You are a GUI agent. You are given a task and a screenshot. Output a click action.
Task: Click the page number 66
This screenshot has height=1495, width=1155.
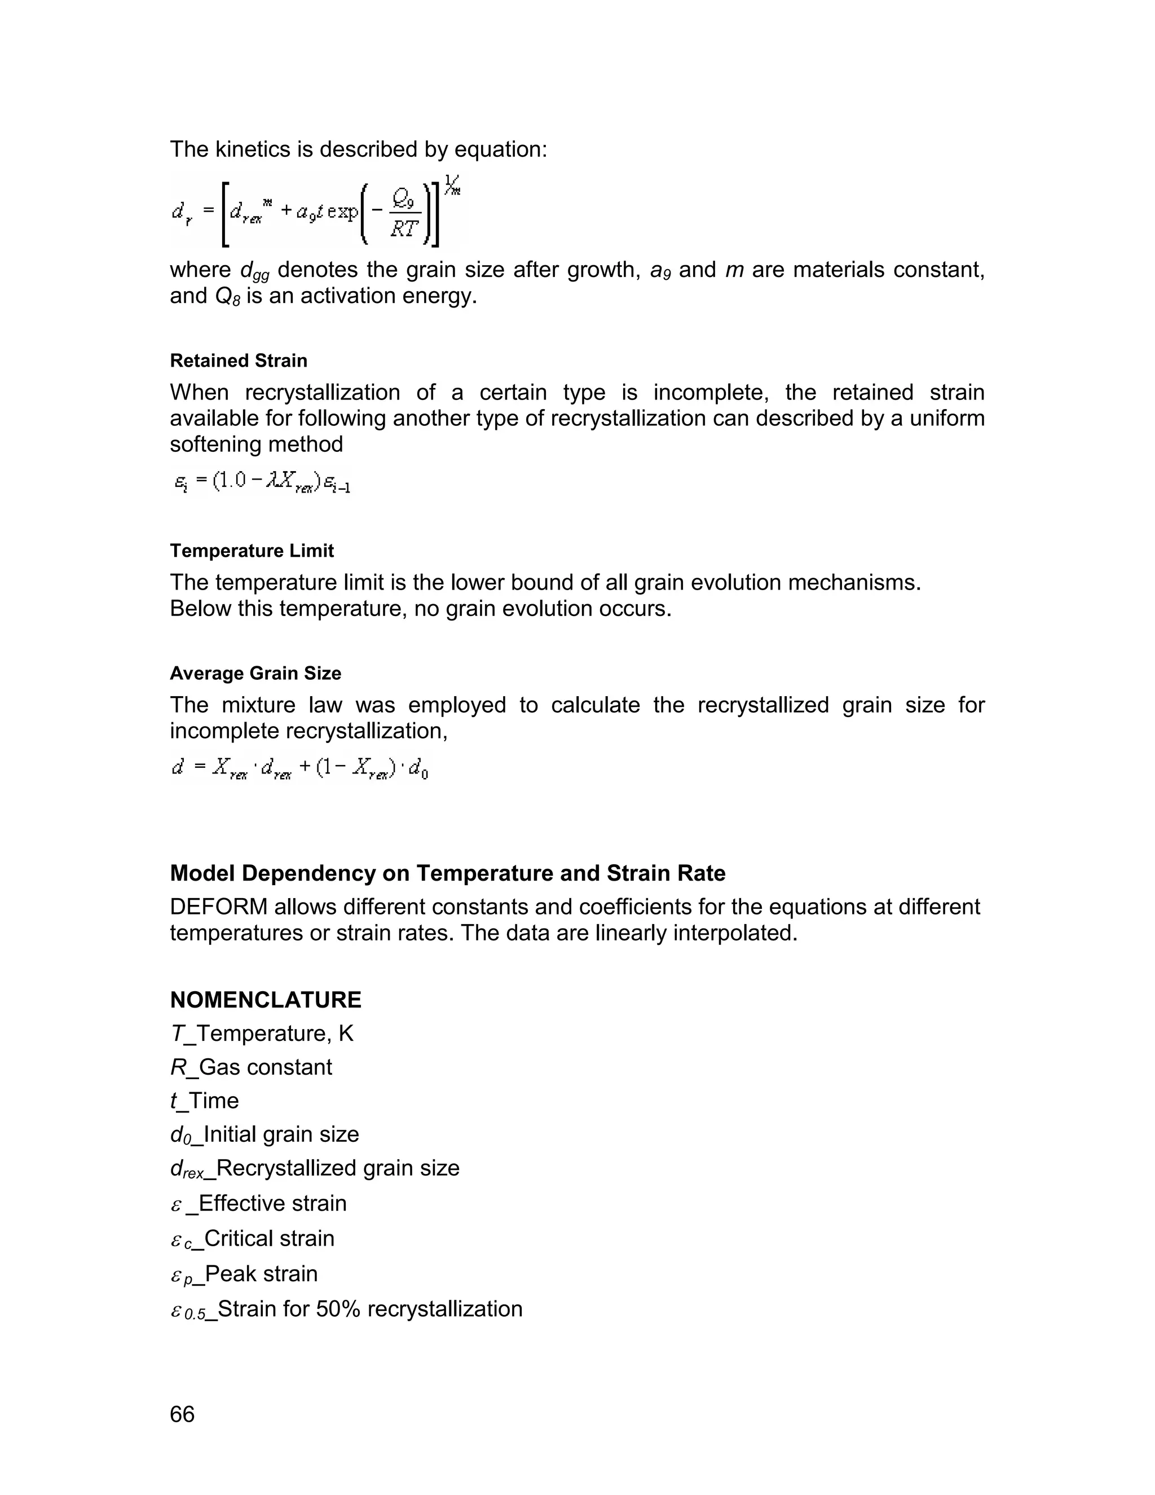point(182,1414)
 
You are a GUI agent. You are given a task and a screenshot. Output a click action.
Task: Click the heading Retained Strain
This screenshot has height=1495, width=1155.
point(238,360)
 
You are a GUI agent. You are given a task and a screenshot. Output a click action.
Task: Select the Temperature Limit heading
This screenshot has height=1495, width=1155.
point(251,551)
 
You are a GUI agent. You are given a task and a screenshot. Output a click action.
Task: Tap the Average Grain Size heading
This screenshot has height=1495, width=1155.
point(255,674)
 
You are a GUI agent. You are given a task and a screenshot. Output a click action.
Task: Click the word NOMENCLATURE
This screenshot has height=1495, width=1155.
point(266,1000)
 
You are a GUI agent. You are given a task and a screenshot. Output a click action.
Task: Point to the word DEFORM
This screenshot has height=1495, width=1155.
point(218,907)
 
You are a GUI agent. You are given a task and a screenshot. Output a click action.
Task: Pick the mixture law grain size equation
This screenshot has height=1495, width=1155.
point(299,770)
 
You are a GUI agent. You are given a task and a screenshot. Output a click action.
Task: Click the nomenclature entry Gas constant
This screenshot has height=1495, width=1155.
point(264,1067)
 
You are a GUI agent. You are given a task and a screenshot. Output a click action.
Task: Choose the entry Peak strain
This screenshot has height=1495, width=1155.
point(261,1274)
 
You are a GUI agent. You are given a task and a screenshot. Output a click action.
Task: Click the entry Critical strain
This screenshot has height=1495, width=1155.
point(268,1238)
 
